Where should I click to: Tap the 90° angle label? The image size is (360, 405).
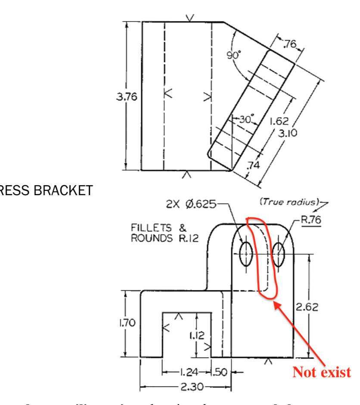233,55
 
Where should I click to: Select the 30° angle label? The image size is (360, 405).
245,119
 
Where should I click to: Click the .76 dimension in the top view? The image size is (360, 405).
290,44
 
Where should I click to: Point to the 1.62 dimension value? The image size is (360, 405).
279,122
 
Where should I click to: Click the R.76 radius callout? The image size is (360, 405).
310,220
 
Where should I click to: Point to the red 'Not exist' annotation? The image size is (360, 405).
322,372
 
